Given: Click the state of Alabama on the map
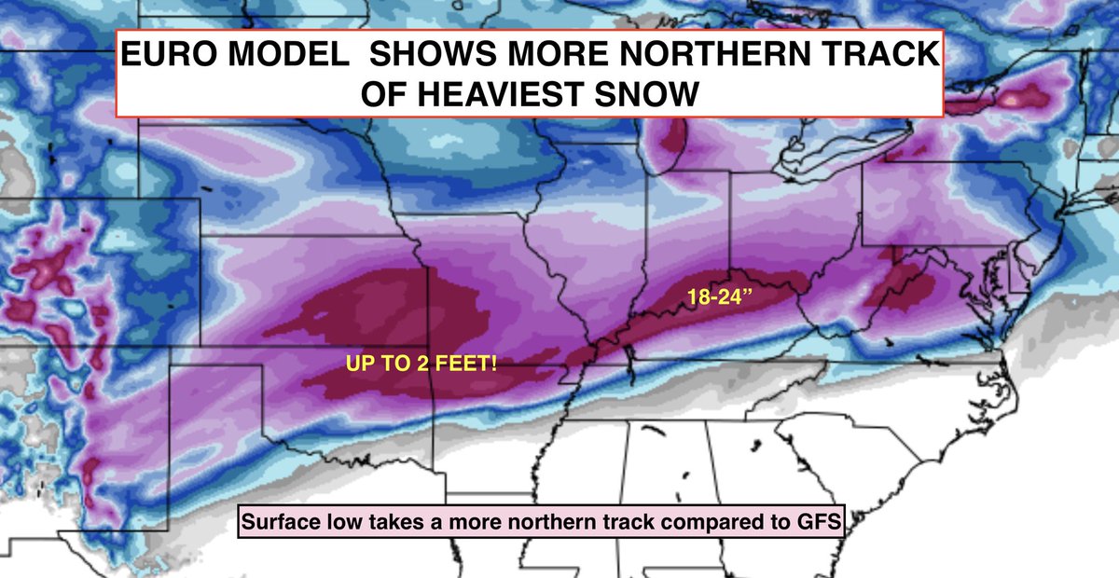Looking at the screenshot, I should pos(667,466).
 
